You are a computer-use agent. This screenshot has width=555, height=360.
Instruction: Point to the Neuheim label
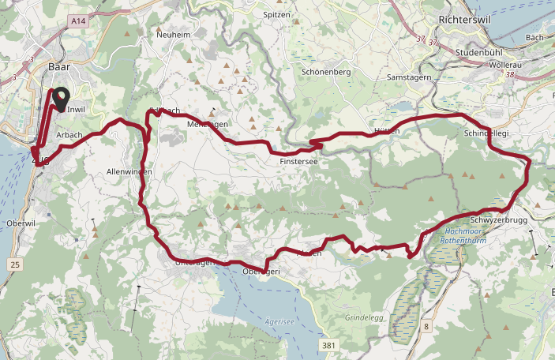click(x=174, y=35)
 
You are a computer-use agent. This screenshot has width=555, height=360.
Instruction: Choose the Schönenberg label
click(x=326, y=71)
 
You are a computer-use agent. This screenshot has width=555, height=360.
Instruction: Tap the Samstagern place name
click(x=408, y=77)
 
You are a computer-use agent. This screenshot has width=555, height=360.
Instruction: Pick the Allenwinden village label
click(x=129, y=171)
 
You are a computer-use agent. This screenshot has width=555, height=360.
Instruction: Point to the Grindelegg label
click(x=364, y=318)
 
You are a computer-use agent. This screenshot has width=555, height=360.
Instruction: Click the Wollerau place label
click(x=506, y=64)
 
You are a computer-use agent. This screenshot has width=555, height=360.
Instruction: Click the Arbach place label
click(x=69, y=136)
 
